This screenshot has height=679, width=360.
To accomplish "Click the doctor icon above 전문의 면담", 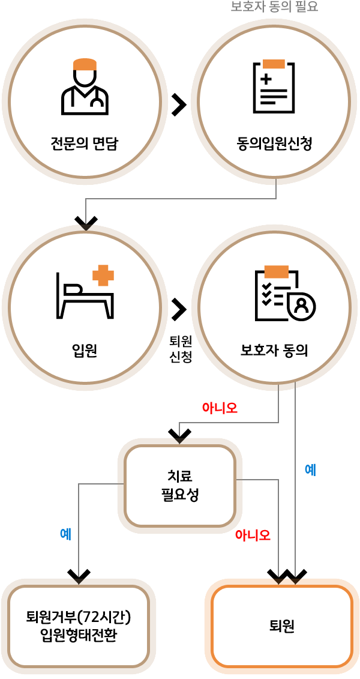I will [85, 87].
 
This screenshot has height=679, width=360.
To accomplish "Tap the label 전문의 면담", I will [85, 144].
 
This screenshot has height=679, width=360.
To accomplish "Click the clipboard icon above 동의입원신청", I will [274, 86].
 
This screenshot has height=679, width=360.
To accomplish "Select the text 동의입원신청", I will [274, 144].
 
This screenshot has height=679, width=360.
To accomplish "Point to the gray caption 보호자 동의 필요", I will [274, 7].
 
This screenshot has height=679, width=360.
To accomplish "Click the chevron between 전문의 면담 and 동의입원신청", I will [178, 104].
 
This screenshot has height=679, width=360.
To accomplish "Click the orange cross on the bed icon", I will [103, 276].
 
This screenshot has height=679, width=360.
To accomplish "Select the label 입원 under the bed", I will [85, 350].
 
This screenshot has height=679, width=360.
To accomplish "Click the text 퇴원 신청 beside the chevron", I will [181, 349].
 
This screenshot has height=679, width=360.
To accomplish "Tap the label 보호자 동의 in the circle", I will [274, 350].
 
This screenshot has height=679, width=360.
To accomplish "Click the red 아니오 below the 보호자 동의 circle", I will [220, 408].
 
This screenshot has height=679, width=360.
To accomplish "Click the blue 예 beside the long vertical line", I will [310, 469].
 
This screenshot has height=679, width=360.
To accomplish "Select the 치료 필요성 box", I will [180, 486].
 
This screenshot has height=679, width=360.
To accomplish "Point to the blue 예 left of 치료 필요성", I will [66, 534].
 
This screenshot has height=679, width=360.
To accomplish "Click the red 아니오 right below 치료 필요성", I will [253, 535].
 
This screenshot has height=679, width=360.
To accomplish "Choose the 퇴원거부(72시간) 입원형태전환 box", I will [79, 626].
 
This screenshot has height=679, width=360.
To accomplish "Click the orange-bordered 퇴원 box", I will [282, 626].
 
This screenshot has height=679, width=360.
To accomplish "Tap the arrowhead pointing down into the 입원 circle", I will [86, 223].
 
